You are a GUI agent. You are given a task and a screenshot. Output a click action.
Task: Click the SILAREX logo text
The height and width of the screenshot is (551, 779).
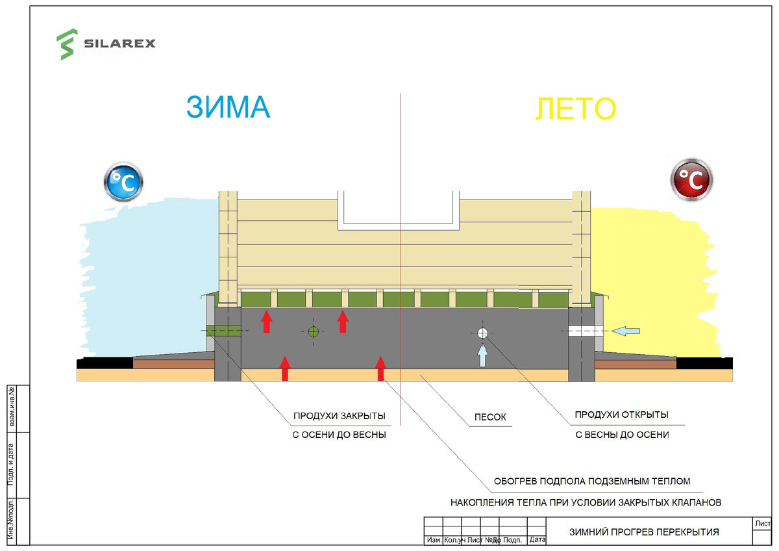[x=119, y=44]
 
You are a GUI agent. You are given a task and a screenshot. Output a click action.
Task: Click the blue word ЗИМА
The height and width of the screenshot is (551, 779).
[x=228, y=107]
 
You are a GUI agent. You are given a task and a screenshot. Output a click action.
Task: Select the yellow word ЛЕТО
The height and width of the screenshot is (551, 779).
[x=575, y=109]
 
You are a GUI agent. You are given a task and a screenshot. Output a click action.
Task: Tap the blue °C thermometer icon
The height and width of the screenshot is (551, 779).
[x=123, y=182]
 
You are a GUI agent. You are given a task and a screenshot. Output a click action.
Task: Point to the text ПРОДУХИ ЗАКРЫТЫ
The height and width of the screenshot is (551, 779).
[x=339, y=416]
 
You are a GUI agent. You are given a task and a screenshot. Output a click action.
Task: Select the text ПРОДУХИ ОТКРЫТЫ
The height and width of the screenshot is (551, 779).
[x=621, y=415]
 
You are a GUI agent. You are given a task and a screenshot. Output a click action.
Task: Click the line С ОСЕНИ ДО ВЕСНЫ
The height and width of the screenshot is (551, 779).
[x=339, y=435]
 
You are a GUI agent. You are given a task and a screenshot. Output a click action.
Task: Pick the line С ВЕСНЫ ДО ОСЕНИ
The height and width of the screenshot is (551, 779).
[x=621, y=435]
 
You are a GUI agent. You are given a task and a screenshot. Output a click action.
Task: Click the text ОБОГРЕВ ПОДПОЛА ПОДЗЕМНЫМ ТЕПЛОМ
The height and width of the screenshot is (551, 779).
[x=591, y=481]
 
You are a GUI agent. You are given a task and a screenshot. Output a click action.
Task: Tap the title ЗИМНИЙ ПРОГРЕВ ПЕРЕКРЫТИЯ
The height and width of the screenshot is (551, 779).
[x=644, y=532]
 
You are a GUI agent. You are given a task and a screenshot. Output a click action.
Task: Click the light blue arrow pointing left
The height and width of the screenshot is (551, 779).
[x=626, y=331]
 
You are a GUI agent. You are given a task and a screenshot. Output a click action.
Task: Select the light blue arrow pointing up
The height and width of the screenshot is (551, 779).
[x=482, y=355]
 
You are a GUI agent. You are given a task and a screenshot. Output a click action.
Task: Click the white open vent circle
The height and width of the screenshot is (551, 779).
[x=482, y=333]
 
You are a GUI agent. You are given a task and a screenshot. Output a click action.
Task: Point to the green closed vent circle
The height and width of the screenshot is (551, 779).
[x=314, y=331]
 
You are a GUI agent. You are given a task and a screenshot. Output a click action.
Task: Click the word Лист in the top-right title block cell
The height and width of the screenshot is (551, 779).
[x=762, y=523]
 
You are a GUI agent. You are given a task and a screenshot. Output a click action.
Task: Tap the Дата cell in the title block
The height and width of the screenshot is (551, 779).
[x=537, y=540]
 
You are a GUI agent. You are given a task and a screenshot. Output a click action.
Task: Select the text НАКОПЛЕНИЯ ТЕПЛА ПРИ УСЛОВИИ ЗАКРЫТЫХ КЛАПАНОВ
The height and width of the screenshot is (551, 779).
[x=586, y=502]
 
